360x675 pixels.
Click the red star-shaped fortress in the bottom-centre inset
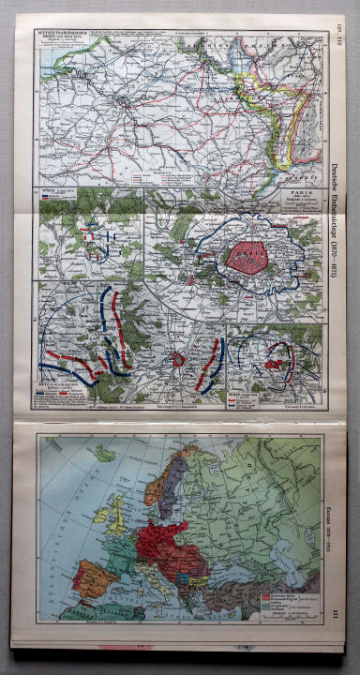181,359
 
